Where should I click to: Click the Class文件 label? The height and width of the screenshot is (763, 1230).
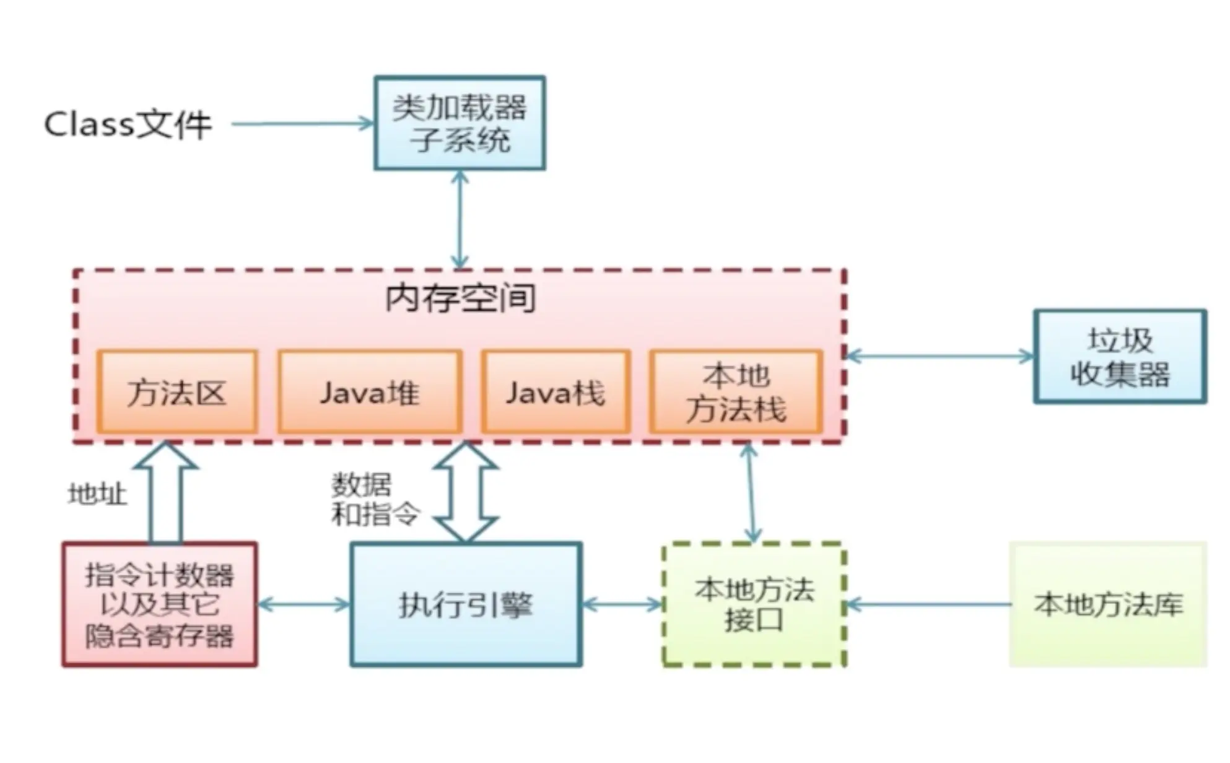[128, 124]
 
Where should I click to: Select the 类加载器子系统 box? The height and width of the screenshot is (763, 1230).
[460, 123]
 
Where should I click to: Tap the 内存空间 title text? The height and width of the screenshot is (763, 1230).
[460, 299]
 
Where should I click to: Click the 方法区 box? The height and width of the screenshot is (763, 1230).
[177, 392]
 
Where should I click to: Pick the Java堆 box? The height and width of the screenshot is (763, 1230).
[370, 392]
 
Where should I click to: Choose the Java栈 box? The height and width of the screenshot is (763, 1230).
[556, 392]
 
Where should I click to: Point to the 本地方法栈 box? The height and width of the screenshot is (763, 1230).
[736, 392]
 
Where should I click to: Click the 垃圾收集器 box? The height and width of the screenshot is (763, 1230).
[1120, 357]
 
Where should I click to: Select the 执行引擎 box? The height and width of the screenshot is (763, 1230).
[466, 604]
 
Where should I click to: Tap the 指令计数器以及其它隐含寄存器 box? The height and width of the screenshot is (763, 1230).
[160, 604]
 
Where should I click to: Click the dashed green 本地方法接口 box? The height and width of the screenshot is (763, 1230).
[754, 604]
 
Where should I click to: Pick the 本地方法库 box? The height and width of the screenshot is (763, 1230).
[1108, 604]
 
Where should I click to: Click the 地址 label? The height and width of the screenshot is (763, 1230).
[97, 494]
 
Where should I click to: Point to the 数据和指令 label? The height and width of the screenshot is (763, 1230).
[375, 499]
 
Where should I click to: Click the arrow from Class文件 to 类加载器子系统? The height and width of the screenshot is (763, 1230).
[302, 124]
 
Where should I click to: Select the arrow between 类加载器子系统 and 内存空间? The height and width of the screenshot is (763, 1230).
[460, 220]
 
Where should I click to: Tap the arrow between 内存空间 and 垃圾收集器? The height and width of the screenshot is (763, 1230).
[940, 356]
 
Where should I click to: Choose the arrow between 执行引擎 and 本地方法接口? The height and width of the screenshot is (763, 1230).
[622, 604]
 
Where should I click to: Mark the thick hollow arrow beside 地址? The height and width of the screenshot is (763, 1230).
[166, 492]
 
